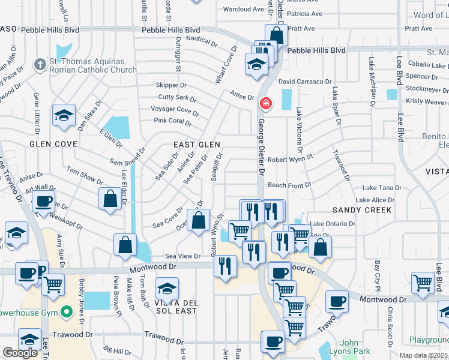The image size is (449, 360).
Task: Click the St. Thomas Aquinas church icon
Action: tap(40, 65)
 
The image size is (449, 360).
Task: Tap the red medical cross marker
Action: tap(265, 104)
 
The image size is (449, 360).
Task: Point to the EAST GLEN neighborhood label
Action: tap(197, 145)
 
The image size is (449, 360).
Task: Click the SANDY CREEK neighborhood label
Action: tap(362, 210)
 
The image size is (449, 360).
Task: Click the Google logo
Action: tap(20, 353)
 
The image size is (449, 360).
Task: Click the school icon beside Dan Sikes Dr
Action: tap(64, 116)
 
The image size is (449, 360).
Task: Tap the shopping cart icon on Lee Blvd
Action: tap(423, 283)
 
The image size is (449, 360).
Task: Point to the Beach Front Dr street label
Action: tap(289, 185)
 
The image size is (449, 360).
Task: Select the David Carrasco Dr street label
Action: tap(305, 81)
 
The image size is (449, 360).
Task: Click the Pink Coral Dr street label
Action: tap(172, 122)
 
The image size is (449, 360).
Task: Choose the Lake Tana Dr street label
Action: tap(377, 188)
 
